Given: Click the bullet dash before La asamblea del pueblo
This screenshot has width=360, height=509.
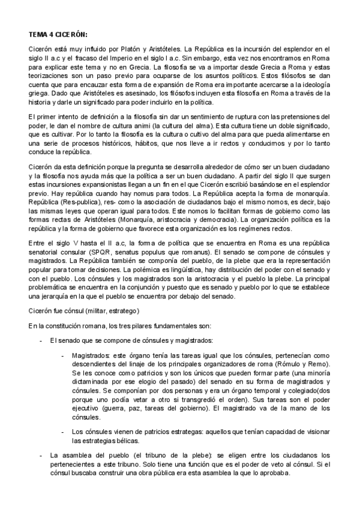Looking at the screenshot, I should point(40,455).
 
